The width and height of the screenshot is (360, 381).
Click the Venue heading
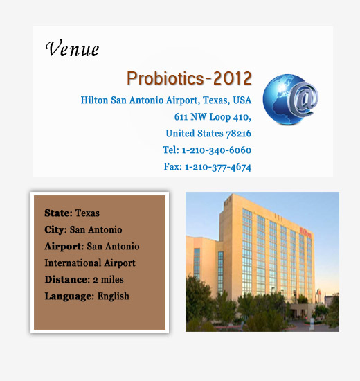coord(72,48)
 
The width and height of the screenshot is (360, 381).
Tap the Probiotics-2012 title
coord(189,78)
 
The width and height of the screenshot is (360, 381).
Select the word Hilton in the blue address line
coord(94,100)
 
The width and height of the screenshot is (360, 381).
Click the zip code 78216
coord(239,134)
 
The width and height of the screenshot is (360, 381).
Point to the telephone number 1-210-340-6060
coord(217,150)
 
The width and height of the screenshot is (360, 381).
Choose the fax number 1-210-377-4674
coord(218,167)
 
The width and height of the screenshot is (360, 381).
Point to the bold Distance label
coord(67,279)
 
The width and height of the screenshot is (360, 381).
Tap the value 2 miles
coord(108,280)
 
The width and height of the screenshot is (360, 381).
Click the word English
coord(114,296)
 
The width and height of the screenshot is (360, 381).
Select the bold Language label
coord(69,296)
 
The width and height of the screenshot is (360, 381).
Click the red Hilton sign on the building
coord(305,232)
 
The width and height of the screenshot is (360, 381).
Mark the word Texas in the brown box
coord(87,213)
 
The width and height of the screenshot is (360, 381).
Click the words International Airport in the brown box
coord(90,263)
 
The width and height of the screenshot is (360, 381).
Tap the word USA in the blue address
coord(242,100)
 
